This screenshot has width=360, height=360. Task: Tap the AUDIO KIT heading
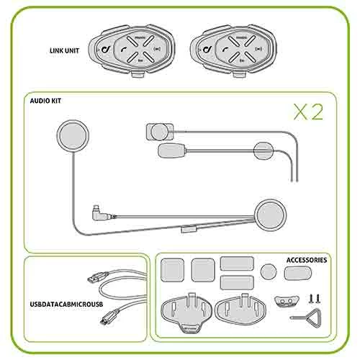(x=45, y=102)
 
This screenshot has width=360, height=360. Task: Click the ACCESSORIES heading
(x=307, y=260)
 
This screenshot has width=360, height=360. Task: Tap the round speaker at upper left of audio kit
(x=71, y=135)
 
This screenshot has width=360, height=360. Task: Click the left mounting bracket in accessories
(x=184, y=310)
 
